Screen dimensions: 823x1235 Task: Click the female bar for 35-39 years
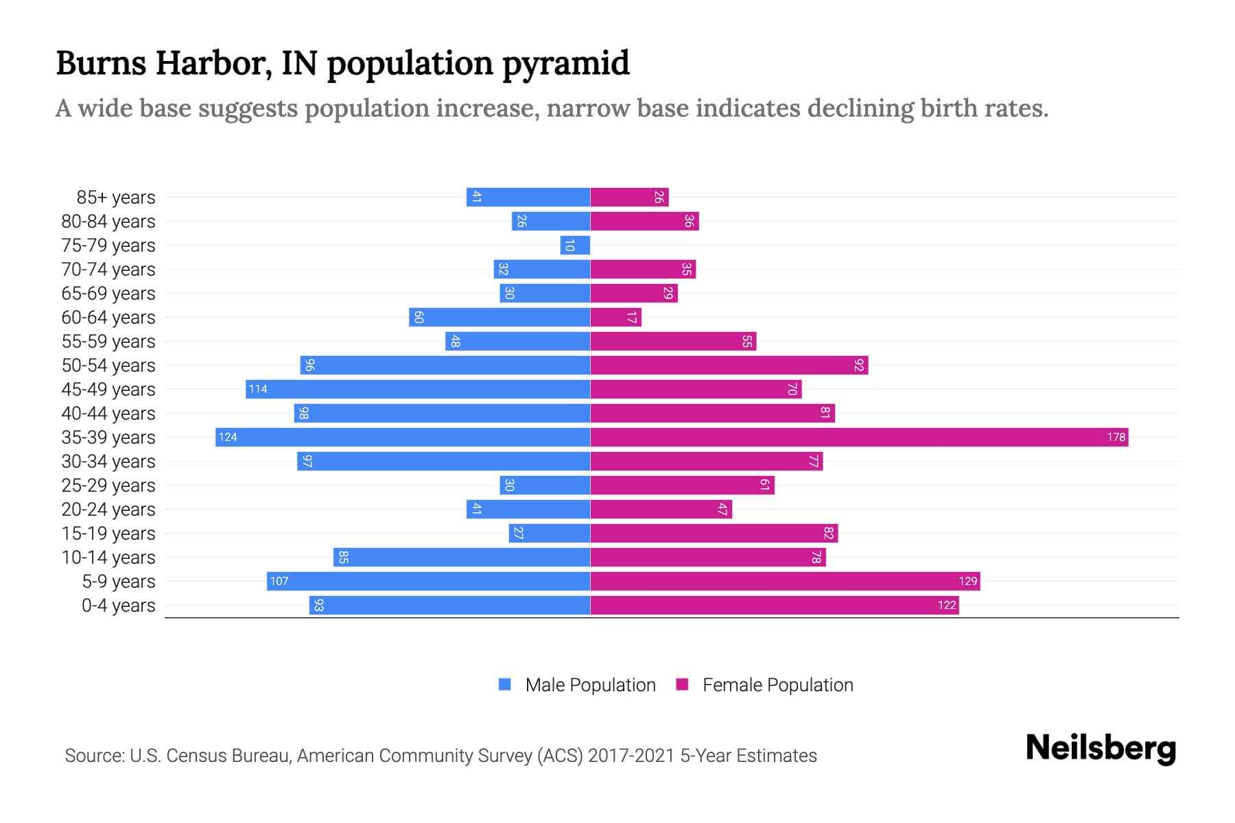pos(858,437)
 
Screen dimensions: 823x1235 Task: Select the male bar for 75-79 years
pos(575,246)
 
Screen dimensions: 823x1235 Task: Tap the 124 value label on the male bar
pos(228,438)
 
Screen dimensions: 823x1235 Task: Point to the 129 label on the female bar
pos(967,582)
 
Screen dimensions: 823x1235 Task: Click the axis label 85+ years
pos(116,198)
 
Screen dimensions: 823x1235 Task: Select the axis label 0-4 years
pos(118,606)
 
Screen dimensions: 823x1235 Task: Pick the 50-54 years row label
pos(108,366)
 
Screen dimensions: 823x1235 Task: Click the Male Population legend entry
pos(590,685)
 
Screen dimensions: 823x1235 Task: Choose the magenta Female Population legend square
pos(682,684)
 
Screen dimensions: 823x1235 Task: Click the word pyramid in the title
pos(565,63)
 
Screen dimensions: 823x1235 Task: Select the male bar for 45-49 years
pos(419,390)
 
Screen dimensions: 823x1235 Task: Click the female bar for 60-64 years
pos(615,318)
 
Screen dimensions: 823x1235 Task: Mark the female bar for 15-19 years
pos(714,534)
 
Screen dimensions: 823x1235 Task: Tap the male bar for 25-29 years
pos(545,486)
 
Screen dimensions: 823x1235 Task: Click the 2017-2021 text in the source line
pos(631,756)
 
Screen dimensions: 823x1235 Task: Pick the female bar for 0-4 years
pos(774,606)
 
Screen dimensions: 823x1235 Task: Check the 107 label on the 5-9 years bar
pos(279,582)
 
